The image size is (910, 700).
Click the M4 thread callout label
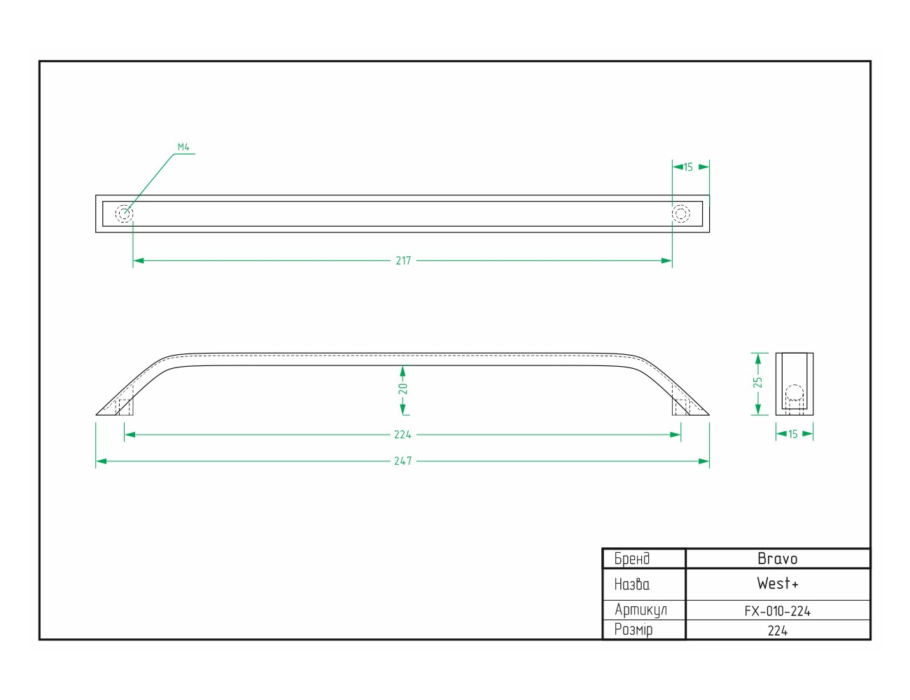[x=183, y=147]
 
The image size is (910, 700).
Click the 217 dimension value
[x=403, y=261]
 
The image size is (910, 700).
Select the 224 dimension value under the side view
[x=402, y=435]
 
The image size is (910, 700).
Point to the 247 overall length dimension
[x=402, y=461]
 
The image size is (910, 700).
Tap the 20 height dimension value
[x=403, y=389]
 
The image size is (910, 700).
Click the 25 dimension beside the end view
[x=757, y=383]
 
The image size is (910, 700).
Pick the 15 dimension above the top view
[x=688, y=167]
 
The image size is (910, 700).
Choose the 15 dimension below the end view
[x=792, y=434]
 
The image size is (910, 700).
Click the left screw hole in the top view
[x=125, y=214]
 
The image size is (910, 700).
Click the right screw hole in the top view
[x=681, y=214]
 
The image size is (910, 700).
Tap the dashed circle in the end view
[x=794, y=393]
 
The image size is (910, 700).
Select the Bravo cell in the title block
[x=778, y=559]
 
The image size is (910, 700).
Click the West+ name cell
[x=778, y=584]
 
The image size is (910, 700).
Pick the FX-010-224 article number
[x=778, y=611]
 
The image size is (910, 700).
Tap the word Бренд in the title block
[x=632, y=559]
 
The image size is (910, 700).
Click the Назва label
[x=632, y=584]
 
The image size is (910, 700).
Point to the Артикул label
[x=640, y=610]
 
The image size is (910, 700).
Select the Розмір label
[x=633, y=630]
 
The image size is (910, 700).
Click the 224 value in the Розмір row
[x=778, y=631]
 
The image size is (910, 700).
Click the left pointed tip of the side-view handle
[x=97, y=415]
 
